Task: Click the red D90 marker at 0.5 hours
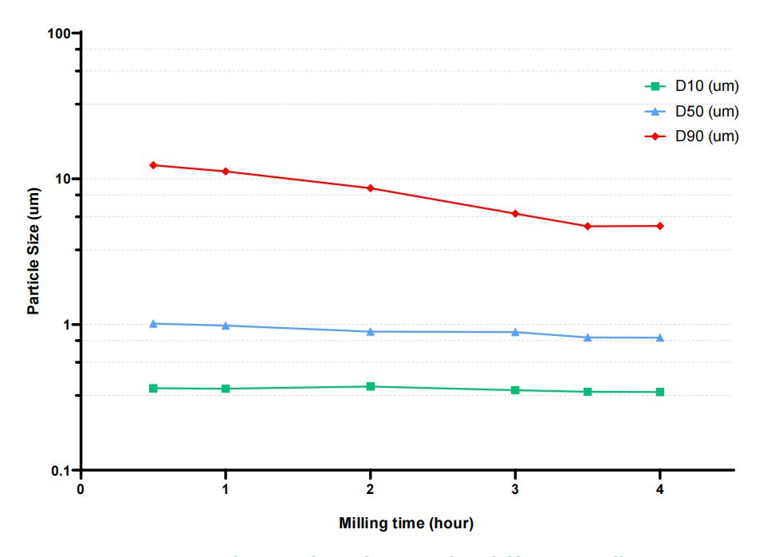[x=153, y=165]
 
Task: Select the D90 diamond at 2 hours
[x=371, y=188]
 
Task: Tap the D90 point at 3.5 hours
[x=588, y=227]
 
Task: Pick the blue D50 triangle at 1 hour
[x=226, y=326]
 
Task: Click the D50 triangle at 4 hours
[x=660, y=338]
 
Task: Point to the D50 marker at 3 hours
[x=515, y=332]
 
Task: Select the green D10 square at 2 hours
[x=371, y=386]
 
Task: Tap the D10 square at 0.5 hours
[x=153, y=388]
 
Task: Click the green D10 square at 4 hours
[x=660, y=392]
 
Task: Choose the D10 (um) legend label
[x=706, y=86]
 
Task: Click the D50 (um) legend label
[x=706, y=111]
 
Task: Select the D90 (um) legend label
[x=706, y=136]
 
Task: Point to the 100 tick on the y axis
[x=59, y=34]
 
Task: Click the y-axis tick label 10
[x=63, y=179]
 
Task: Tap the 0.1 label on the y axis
[x=61, y=471]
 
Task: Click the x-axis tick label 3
[x=515, y=489]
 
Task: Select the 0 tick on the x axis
[x=81, y=489]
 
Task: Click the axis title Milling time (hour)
[x=406, y=523]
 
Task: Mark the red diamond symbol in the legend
[x=655, y=136]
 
